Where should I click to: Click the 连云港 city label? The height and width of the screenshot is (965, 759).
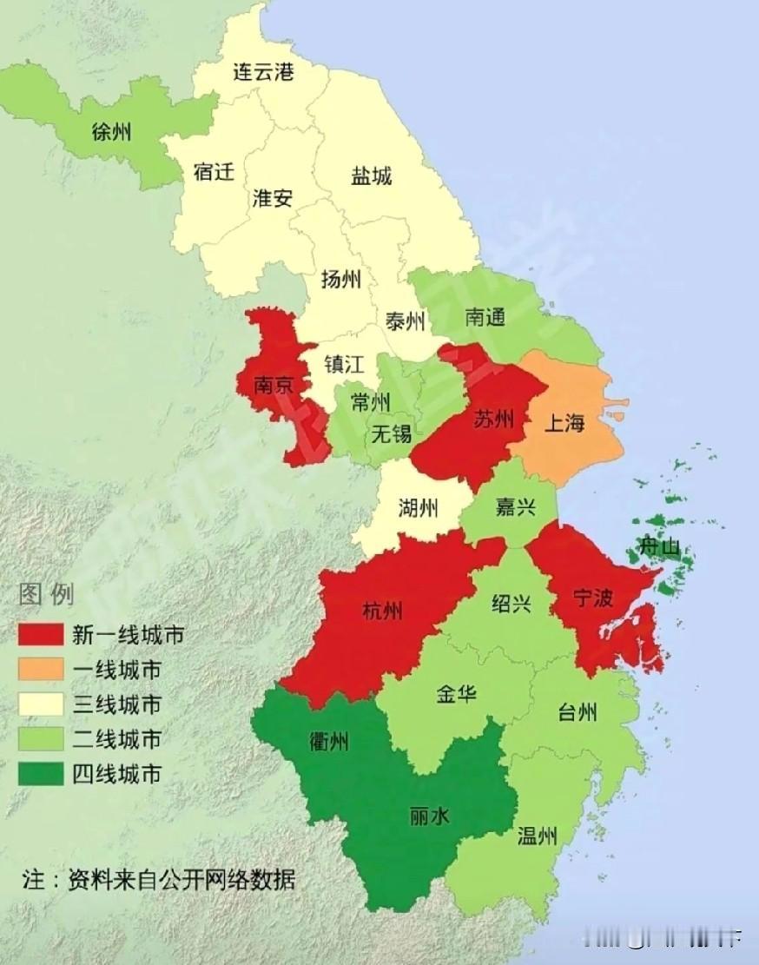[x=263, y=71]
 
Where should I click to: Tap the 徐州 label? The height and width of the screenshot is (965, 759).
[x=112, y=132]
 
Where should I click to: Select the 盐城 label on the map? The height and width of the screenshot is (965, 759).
[x=371, y=176]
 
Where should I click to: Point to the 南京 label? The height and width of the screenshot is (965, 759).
[x=274, y=385]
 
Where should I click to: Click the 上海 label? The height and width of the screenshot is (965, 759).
[x=564, y=423]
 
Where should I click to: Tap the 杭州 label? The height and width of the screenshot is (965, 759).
[x=382, y=611]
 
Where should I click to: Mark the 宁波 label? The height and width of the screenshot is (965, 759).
[x=593, y=597]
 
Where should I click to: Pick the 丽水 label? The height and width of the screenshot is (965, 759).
[x=430, y=816]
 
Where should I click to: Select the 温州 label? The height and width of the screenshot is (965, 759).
[x=537, y=836]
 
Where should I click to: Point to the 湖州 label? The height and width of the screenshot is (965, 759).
[x=419, y=507]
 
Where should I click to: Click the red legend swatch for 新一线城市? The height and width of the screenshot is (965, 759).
[x=41, y=635]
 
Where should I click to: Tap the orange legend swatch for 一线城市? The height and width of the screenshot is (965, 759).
[x=41, y=669]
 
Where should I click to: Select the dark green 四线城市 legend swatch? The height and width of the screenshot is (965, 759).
[x=41, y=773]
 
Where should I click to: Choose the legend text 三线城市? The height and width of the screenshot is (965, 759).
[x=116, y=704]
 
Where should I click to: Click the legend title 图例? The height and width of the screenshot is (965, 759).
[x=47, y=595]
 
